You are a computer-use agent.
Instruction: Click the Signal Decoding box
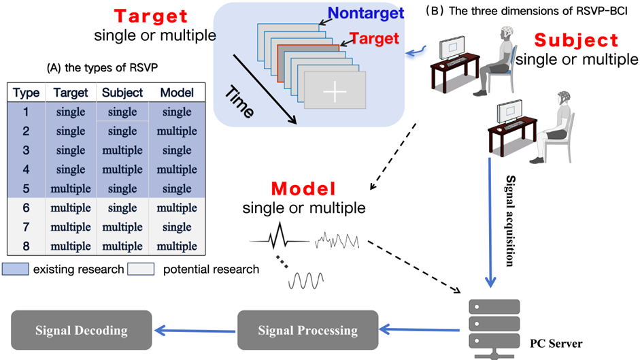coord(82,330)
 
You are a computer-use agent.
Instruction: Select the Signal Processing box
coord(307,330)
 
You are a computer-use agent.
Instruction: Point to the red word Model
coord(303,188)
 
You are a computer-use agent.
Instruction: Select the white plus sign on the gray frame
coord(334,91)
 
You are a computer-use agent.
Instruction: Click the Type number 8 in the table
coord(26,246)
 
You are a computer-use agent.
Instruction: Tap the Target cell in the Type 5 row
coord(70,188)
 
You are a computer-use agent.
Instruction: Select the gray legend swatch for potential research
coord(145,269)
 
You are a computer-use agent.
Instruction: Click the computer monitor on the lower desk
coord(510,115)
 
